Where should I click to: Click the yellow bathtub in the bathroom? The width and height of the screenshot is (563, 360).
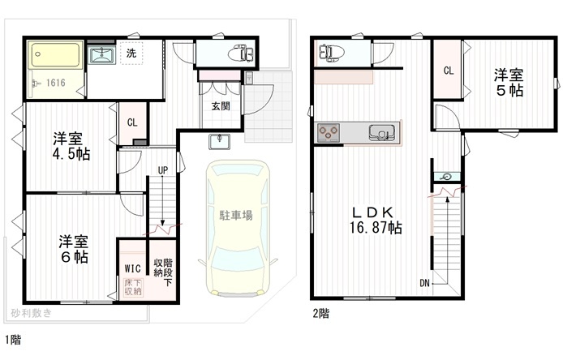tap(55, 55)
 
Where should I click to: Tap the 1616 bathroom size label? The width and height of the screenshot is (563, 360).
tap(56, 83)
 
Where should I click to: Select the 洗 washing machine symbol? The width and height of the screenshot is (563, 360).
tap(131, 54)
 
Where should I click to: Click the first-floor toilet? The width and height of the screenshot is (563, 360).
tap(241, 54)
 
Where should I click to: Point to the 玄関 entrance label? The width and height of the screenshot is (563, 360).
tap(221, 106)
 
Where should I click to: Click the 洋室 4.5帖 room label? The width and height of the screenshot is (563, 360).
tap(71, 146)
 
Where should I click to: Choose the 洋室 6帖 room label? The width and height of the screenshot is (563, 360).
tap(74, 249)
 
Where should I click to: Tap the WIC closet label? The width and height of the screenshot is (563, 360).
tap(132, 268)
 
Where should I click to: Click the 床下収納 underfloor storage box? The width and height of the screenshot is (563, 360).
tap(133, 287)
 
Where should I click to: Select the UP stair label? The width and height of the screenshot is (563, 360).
tap(163, 170)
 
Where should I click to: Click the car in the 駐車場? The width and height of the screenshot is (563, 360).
tap(237, 229)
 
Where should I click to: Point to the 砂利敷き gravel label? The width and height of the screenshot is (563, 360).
tap(32, 313)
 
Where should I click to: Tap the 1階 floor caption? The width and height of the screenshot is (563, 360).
tap(13, 339)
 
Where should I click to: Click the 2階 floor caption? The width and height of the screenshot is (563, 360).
tap(320, 313)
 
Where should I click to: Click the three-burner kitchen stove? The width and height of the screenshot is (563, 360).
tap(329, 132)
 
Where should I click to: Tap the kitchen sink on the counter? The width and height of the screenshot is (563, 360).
tap(382, 132)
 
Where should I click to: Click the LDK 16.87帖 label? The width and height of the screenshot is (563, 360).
tap(376, 220)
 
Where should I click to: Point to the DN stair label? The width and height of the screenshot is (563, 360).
tap(424, 283)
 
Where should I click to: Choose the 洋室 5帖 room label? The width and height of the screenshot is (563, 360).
tap(509, 82)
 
